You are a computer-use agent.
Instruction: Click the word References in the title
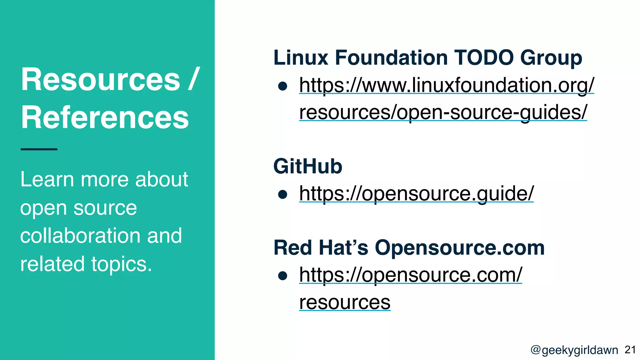105,117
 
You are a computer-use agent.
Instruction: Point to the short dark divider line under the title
39,149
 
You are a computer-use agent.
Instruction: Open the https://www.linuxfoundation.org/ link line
447,85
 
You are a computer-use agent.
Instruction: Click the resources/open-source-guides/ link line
443,112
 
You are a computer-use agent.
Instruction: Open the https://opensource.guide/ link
416,193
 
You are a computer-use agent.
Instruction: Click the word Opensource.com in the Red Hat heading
459,248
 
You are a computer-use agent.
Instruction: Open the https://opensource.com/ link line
410,275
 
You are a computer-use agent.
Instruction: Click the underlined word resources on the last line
345,302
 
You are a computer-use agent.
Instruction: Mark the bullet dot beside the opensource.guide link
282,194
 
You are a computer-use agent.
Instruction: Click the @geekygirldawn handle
574,350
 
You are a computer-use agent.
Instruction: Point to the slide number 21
630,350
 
